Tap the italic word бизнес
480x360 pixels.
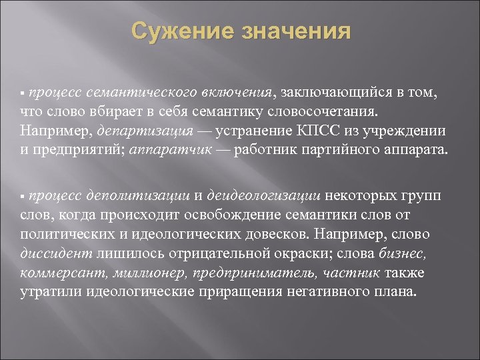(x=406, y=254)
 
